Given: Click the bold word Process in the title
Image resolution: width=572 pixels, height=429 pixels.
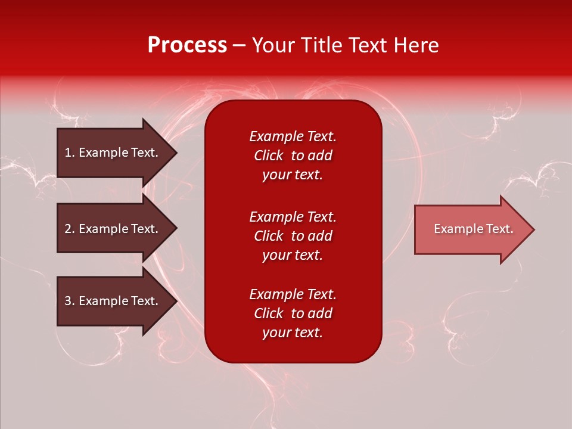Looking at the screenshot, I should click(187, 45).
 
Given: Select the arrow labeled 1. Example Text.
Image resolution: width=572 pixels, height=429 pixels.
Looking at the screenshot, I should click(111, 153).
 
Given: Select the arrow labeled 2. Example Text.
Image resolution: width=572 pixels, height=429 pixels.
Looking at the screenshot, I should click(111, 229).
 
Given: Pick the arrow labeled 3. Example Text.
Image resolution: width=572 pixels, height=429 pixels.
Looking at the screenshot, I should click(111, 301).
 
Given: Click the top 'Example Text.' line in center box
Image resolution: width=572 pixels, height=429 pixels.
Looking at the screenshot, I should click(293, 136).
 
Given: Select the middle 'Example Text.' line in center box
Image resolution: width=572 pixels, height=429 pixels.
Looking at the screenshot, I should click(293, 217).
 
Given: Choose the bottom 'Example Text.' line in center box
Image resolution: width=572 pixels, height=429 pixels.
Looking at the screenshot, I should click(293, 294).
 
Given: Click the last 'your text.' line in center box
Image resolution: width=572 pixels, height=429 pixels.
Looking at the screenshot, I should click(293, 332).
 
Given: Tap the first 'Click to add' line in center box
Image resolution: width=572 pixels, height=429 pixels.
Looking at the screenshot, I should click(293, 156).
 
